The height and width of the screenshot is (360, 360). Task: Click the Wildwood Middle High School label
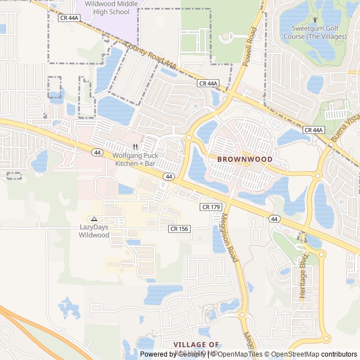(107, 7)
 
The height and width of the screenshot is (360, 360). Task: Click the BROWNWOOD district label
(245, 159)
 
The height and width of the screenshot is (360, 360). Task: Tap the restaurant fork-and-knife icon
(135, 147)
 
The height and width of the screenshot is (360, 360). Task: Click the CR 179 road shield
(210, 207)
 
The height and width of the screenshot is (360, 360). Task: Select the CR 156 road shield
(179, 228)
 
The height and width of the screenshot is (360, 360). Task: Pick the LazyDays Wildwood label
(94, 231)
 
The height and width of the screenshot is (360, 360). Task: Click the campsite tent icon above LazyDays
(94, 219)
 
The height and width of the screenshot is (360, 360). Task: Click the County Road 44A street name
(150, 57)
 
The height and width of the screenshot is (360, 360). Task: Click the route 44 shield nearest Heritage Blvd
(274, 219)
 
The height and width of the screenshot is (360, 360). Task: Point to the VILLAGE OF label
(196, 344)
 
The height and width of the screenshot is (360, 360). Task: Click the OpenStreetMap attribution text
(295, 354)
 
